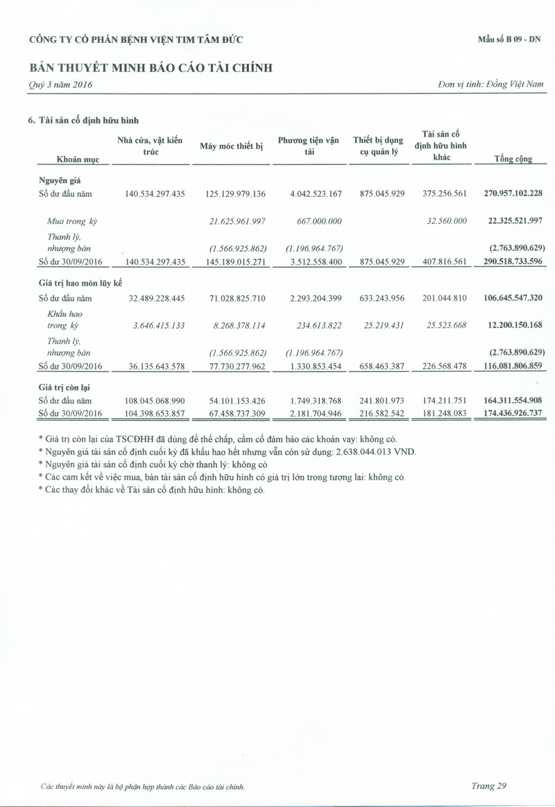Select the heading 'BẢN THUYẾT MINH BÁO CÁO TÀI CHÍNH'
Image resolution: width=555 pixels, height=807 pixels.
[151, 68]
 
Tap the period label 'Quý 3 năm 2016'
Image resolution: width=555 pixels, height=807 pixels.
[60, 85]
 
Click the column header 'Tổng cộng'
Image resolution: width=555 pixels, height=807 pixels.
[513, 159]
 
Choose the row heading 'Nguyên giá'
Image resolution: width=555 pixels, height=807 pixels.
[60, 180]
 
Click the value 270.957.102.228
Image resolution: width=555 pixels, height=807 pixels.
[513, 193]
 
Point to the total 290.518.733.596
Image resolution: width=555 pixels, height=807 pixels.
[513, 261]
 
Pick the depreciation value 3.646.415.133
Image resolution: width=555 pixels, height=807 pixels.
[155, 325]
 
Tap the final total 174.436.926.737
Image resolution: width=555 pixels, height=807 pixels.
[513, 413]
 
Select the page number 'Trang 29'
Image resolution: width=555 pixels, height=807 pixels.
[489, 786]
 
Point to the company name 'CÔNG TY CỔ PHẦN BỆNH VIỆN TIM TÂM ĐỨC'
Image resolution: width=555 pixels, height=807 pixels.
[136, 40]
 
